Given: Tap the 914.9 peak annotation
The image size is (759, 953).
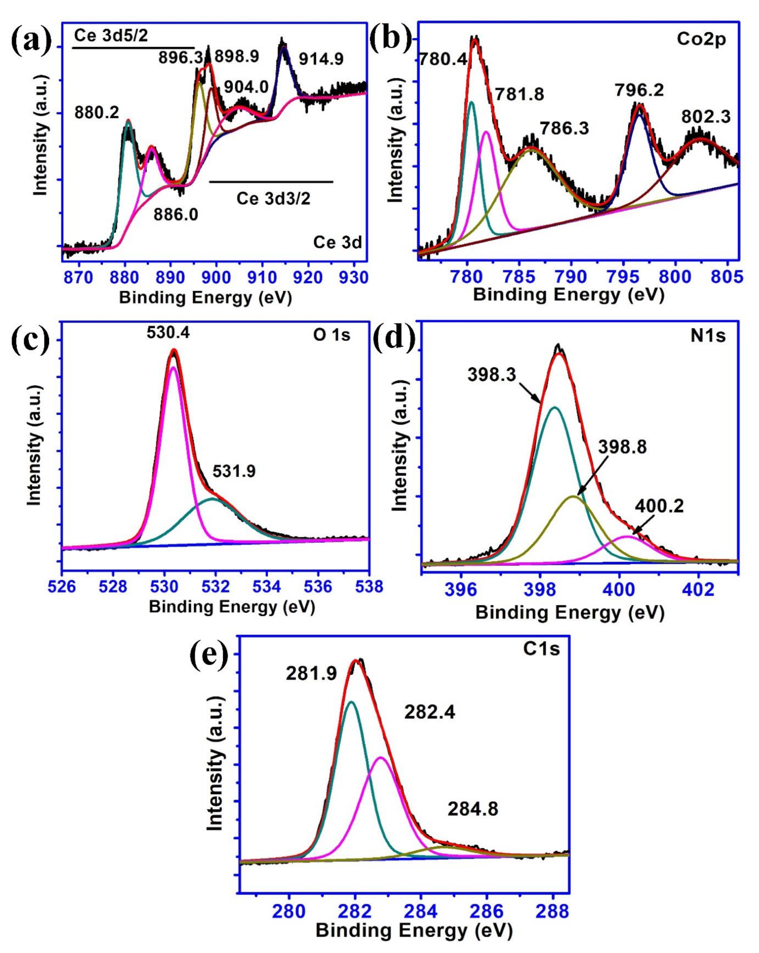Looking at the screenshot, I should (321, 59).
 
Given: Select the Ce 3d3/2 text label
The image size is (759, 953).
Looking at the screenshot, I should (273, 198).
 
